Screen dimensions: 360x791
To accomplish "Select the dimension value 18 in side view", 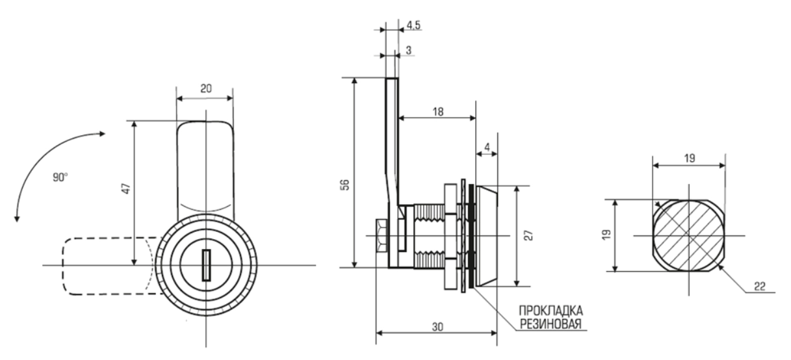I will point(437,111).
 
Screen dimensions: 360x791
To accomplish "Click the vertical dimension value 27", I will point(530,235).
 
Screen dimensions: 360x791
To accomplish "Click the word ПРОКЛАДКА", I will point(548,310).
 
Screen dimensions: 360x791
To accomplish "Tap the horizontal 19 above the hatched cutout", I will point(690,158).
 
